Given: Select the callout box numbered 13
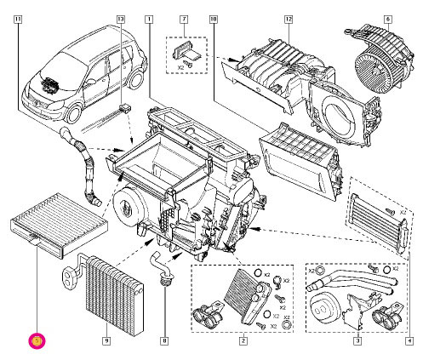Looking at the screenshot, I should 120,17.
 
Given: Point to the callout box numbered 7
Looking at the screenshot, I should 182,17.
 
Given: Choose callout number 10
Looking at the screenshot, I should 213,17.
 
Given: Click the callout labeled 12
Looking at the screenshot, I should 289,17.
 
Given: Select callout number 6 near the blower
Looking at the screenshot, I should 387,17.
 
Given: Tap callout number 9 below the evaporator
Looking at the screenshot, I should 106,341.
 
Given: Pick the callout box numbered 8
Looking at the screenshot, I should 164,341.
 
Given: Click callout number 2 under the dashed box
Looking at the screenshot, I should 243,341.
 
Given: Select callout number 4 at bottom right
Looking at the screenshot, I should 409,341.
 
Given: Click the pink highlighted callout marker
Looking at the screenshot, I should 37,341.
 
